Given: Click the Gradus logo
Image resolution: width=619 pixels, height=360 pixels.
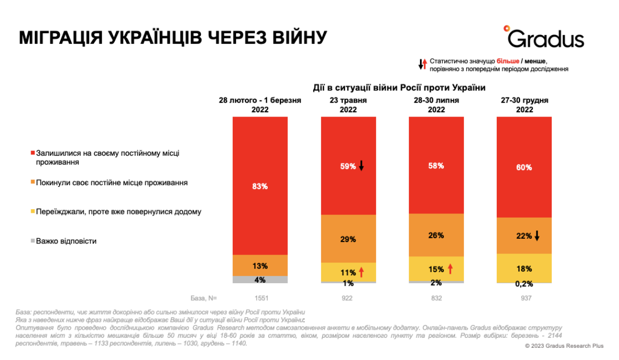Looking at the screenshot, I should point(545,37).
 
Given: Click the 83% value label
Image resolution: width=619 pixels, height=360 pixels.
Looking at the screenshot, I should point(260,186).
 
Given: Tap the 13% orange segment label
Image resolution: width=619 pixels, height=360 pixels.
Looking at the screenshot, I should point(260,266).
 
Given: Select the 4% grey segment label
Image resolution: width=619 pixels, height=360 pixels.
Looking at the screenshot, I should point(260,280).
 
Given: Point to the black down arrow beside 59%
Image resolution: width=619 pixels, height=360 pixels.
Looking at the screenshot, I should point(361,166).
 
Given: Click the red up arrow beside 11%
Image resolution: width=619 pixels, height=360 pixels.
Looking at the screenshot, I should point(361,272).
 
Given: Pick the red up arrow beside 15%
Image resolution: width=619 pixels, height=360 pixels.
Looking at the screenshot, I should point(450,269).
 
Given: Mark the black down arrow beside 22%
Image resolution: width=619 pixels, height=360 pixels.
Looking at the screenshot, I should point(537,236).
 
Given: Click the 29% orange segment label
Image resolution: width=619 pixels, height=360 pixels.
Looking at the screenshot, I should point(348,239).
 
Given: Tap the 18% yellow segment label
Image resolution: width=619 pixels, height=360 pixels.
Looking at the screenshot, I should point(524,268).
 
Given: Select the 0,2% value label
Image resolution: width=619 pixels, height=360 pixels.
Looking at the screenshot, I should point(524,284).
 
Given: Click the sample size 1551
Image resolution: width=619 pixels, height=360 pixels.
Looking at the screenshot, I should point(260,298).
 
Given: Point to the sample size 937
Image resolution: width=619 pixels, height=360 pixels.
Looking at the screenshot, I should point(524,298).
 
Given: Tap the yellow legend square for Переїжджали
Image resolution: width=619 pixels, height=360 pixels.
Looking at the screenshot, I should point(33,212).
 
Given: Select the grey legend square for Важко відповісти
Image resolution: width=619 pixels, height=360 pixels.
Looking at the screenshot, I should point(33,241).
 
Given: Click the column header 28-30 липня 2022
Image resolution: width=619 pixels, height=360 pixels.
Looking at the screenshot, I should point(436,105).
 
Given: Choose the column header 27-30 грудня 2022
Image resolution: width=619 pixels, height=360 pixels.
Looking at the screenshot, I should point(524,105).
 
